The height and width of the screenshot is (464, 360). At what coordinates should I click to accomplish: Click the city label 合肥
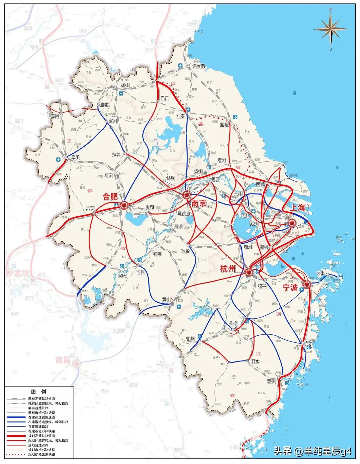pyautogui.click(x=110, y=197)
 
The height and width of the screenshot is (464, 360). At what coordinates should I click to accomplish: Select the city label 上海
pyautogui.click(x=298, y=207)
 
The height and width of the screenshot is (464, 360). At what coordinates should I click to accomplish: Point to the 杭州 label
pyautogui.click(x=228, y=269)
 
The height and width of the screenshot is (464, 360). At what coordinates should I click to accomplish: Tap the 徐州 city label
pyautogui.click(x=126, y=85)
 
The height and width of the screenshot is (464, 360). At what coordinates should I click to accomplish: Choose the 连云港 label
pyautogui.click(x=199, y=66)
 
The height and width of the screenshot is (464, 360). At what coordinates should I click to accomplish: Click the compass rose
pyautogui.click(x=330, y=29)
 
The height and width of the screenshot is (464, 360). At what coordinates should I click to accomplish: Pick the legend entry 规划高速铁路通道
pyautogui.click(x=41, y=436)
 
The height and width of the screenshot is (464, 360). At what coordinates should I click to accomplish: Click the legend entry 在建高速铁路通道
pyautogui.click(x=41, y=417)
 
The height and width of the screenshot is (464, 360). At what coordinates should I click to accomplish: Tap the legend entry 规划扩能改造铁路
pyautogui.click(x=41, y=454)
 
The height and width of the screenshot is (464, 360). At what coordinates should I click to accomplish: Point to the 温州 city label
pyautogui.click(x=271, y=381)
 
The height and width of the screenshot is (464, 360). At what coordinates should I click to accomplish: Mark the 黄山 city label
pyautogui.click(x=166, y=299)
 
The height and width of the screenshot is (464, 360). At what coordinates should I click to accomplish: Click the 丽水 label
pyautogui.click(x=255, y=361)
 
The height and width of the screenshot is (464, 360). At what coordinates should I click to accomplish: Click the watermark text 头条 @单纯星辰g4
pyautogui.click(x=313, y=451)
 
